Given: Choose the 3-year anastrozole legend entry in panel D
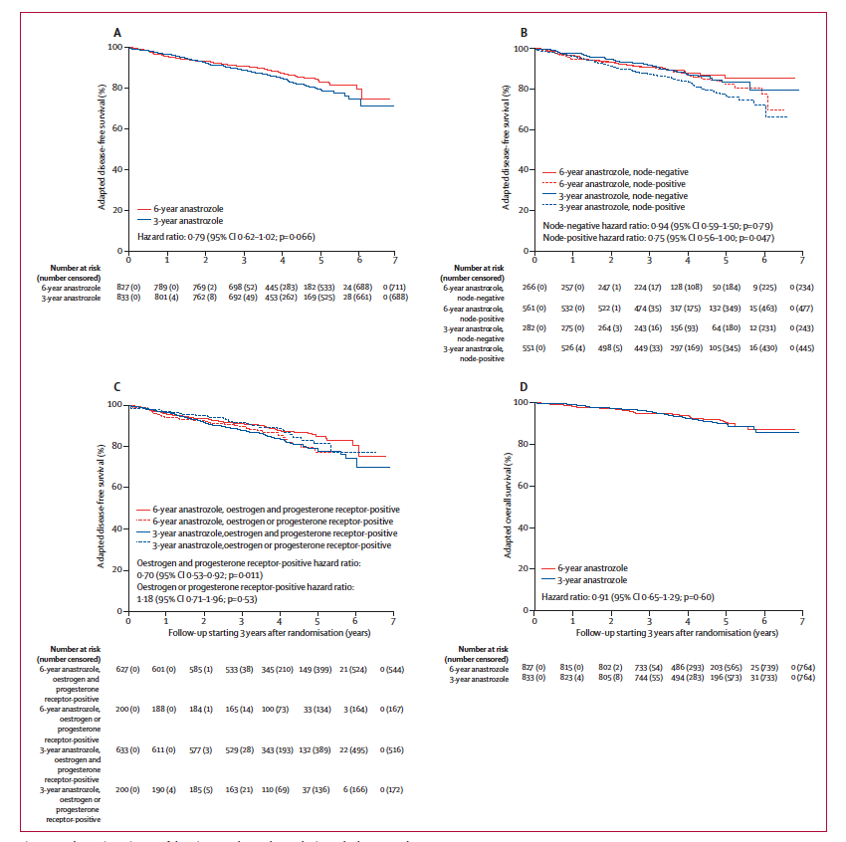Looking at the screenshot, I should pyautogui.click(x=589, y=579).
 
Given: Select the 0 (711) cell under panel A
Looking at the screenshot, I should pyautogui.click(x=393, y=286).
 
